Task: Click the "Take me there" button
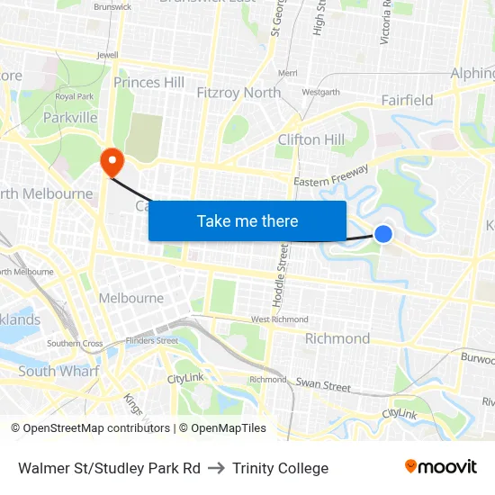pos(247,220)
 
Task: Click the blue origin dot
pos(383,234)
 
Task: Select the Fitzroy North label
pos(238,92)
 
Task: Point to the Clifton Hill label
pos(311,139)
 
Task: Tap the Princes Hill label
pos(148,83)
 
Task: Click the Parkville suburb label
pos(70,117)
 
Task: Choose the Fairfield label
pos(407,100)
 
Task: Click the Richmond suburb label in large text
pos(337,338)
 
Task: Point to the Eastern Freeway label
pos(331,175)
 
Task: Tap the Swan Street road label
pos(323,385)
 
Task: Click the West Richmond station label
pos(279,319)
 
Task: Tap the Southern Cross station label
pos(75,343)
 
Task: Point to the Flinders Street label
pos(152,340)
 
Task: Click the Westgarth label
pos(320,92)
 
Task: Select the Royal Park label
pos(74,95)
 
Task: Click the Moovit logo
pos(441,466)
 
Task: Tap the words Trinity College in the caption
pos(280,468)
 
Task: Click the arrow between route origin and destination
pos(216,468)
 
